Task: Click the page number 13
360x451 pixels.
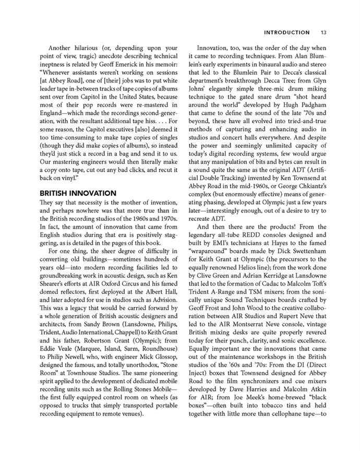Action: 324,32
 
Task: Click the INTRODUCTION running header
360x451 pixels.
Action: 287,32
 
